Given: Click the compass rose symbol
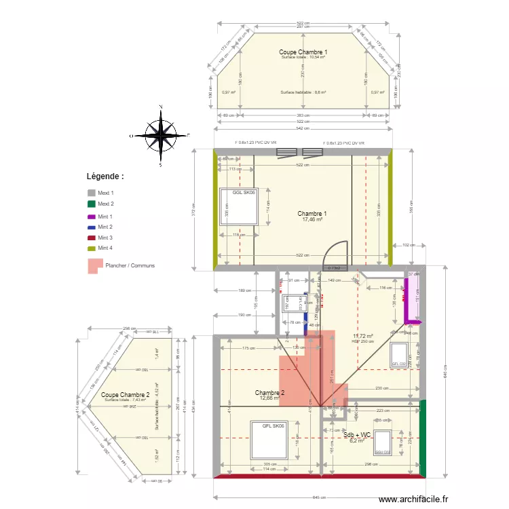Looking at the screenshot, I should tap(161, 136).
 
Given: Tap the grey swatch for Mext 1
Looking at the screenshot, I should tap(92, 193).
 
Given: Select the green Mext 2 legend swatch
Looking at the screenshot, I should tap(92, 204).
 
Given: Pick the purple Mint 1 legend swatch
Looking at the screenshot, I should tap(92, 216).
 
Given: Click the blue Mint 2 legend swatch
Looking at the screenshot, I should tap(92, 227).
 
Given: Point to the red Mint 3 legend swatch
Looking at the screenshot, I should tap(92, 238).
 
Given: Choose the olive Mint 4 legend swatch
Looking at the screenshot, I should tap(92, 248).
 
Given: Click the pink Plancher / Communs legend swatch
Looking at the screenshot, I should tap(94, 265).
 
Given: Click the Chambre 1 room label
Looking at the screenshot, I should tap(312, 214).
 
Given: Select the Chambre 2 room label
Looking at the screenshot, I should tap(269, 393).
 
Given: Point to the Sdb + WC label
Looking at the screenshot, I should tap(356, 434).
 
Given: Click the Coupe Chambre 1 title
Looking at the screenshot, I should tap(303, 52).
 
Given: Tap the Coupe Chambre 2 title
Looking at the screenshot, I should tap(125, 394).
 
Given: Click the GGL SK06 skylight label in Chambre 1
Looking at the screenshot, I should tap(243, 193).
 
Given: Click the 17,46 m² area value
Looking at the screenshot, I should tap(312, 220).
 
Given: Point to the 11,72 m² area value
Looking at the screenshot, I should tap(363, 336).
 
